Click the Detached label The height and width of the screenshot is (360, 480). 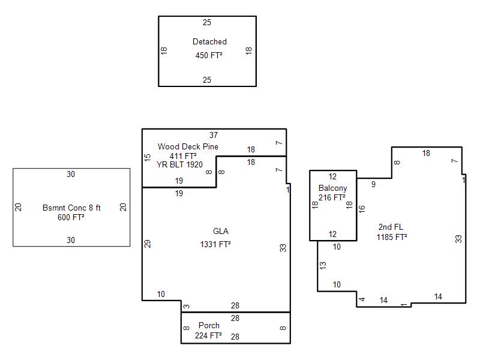(209, 42)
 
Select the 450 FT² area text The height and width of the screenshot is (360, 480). (209, 55)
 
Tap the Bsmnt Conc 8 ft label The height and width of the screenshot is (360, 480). (71, 208)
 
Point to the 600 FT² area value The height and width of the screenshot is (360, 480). (71, 218)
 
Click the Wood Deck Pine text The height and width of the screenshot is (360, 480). (188, 146)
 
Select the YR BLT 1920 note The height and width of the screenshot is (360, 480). (179, 164)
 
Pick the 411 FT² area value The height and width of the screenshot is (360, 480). (183, 156)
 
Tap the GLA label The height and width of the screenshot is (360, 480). (221, 232)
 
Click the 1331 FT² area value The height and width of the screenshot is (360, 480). (215, 244)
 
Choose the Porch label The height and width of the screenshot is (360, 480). (209, 326)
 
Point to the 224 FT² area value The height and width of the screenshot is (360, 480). (208, 336)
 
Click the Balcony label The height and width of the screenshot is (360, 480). (332, 188)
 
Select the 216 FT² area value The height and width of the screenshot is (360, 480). (332, 197)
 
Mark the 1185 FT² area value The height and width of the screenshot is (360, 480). (392, 237)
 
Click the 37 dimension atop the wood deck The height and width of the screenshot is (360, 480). (214, 135)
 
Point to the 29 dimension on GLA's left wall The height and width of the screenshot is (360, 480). (148, 244)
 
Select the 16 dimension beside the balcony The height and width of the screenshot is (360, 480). (362, 209)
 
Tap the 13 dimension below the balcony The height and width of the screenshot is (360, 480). (323, 265)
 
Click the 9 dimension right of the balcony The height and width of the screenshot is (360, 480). (373, 185)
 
